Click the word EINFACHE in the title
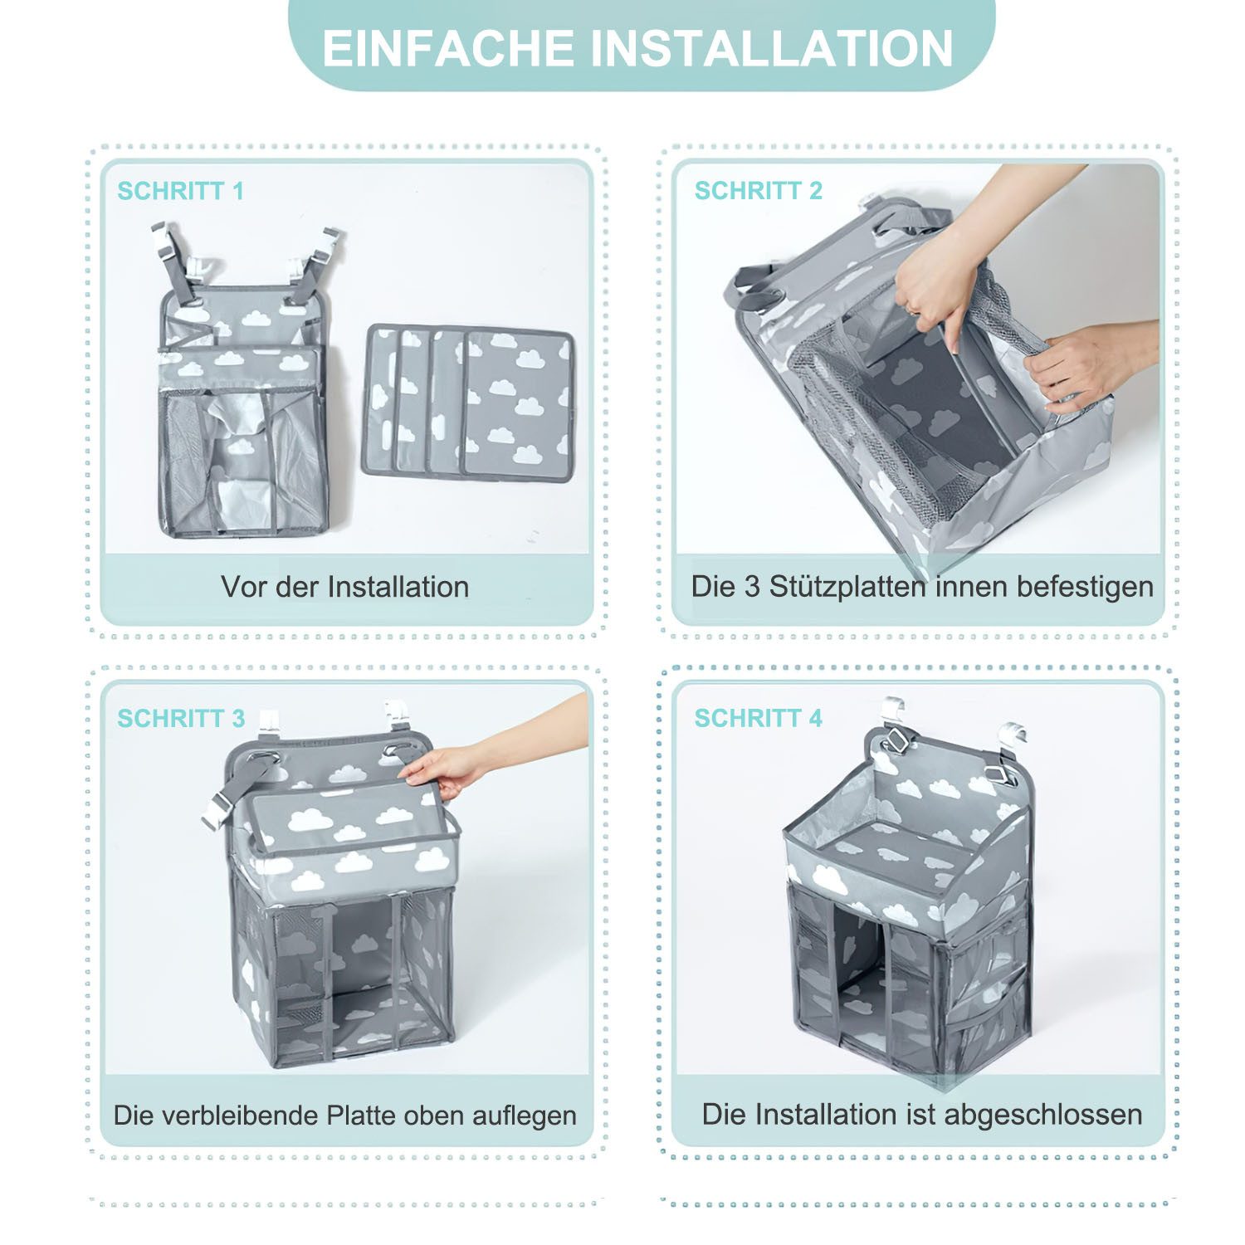click(x=448, y=48)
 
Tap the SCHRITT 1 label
click(x=181, y=191)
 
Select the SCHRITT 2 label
click(x=758, y=191)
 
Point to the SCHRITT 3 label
click(x=181, y=718)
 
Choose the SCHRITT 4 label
click(x=758, y=718)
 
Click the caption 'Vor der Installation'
click(x=345, y=587)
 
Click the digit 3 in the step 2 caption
click(x=752, y=587)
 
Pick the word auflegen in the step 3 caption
click(x=525, y=1115)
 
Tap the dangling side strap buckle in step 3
click(x=217, y=809)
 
